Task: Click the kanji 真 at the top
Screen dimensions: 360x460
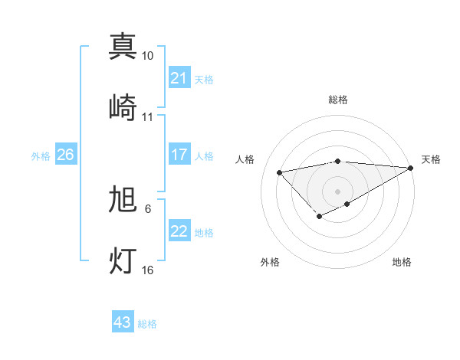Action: click(123, 46)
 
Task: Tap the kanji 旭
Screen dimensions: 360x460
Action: click(123, 199)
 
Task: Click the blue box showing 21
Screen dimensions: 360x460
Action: click(179, 78)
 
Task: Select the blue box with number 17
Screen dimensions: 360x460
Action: click(179, 155)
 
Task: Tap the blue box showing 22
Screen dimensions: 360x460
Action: click(179, 231)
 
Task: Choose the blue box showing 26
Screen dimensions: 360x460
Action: click(65, 155)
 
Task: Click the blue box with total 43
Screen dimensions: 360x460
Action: click(122, 322)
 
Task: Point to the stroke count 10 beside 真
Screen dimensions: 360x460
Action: click(148, 56)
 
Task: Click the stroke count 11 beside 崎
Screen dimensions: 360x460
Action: click(148, 116)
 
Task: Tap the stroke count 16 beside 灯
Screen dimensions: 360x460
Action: click(148, 270)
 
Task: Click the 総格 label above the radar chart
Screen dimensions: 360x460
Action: click(338, 100)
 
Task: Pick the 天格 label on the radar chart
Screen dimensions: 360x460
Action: click(431, 159)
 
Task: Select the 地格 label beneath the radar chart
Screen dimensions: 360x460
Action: click(402, 262)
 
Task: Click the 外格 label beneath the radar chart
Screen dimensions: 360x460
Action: click(270, 262)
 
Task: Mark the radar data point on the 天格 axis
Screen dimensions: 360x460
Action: click(411, 168)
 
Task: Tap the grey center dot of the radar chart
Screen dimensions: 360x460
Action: click(338, 191)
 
